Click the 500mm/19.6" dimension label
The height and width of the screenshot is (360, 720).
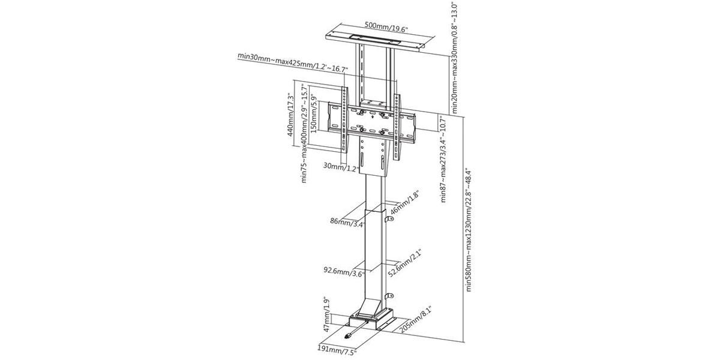click(x=386, y=27)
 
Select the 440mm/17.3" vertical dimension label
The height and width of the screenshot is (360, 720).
click(x=290, y=115)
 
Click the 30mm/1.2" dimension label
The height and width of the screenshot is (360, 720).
click(x=341, y=167)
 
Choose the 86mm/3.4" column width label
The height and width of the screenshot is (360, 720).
click(x=348, y=223)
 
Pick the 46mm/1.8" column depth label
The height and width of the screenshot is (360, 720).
click(x=404, y=203)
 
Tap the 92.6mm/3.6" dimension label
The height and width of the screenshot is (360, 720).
click(x=344, y=272)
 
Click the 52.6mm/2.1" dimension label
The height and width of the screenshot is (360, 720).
click(x=404, y=263)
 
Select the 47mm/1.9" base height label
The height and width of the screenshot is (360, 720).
click(x=327, y=314)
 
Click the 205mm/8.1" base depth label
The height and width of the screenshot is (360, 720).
click(x=415, y=319)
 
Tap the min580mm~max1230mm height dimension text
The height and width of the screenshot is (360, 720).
click(x=469, y=231)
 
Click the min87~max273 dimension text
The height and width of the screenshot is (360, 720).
click(x=443, y=159)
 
